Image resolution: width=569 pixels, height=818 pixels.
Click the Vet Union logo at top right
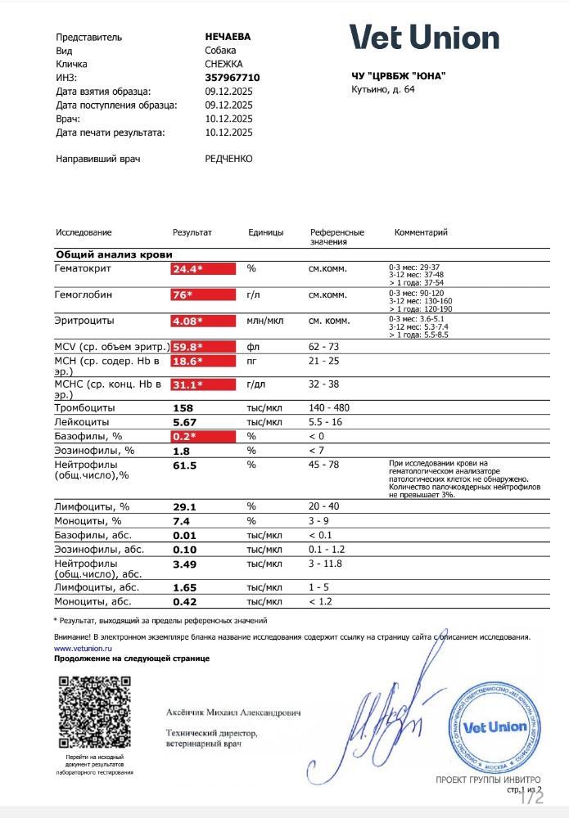pos(424,38)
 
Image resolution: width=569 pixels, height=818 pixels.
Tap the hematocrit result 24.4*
pos(187,269)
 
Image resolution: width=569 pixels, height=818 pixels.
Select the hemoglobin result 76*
pos(183,295)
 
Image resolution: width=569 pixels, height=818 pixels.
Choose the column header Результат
pos(192,233)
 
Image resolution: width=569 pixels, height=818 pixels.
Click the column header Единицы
pos(265,233)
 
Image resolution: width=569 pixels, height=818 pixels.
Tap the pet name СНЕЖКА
pos(224,64)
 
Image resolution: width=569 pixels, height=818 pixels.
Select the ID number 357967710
pos(228,78)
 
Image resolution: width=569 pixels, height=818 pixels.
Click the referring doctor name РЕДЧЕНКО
pos(228,159)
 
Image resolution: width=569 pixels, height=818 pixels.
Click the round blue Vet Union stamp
pos(494,726)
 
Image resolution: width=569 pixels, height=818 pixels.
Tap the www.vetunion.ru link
pos(82,647)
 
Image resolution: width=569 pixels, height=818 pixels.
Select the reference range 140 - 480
pos(331,407)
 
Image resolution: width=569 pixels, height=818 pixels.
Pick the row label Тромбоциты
pos(84,407)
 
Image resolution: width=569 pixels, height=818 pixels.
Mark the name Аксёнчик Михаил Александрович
pos(233,713)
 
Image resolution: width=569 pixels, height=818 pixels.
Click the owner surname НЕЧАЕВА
pos(228,37)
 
